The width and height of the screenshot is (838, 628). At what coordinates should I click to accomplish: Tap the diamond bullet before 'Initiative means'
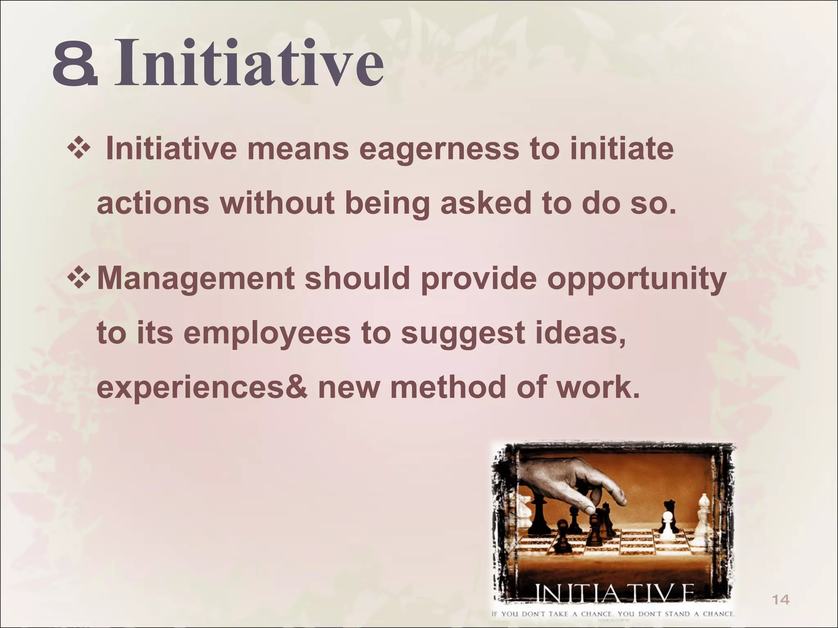[x=78, y=149]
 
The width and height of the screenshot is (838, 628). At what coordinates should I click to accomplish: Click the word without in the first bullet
[x=278, y=203]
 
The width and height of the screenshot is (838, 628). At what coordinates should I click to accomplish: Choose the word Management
[x=196, y=279]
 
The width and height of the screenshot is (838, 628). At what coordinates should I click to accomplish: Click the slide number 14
[x=780, y=600]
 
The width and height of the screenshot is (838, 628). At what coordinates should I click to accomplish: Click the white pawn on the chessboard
[x=667, y=526]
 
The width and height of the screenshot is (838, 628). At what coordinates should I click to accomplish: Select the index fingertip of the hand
[x=589, y=509]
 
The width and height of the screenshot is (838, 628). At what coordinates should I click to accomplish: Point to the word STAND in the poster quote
[x=685, y=614]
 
